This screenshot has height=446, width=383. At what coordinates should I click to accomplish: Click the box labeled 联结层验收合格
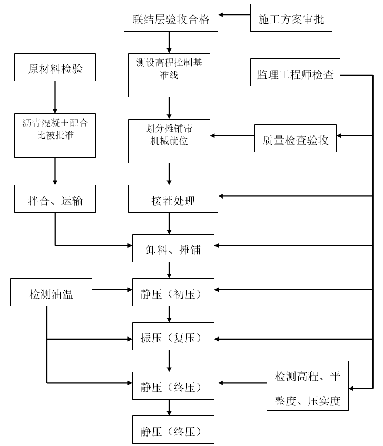point(171,19)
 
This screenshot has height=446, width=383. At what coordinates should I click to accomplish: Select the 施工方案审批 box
point(291,19)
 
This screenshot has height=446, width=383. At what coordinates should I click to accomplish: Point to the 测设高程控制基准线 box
point(169,75)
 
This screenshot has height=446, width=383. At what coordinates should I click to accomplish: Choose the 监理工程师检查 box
point(295,75)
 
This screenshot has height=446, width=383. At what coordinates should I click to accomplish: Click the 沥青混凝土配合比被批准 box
point(55,135)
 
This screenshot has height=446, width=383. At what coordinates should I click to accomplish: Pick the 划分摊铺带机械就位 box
point(169,140)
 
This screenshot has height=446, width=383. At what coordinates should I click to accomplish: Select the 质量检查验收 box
point(295,138)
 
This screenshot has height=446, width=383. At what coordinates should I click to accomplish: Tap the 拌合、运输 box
point(55,199)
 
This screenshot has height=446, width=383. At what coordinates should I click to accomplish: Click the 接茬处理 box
point(173,199)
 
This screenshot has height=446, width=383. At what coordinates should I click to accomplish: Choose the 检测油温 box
point(51,292)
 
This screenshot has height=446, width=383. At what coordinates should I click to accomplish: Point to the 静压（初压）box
point(173,292)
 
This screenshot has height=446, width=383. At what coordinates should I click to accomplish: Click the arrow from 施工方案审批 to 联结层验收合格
point(234,15)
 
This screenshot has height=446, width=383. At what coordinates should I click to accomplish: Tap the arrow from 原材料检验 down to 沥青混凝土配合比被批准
point(55,97)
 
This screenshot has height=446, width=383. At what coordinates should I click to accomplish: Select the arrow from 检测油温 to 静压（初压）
point(112,289)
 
